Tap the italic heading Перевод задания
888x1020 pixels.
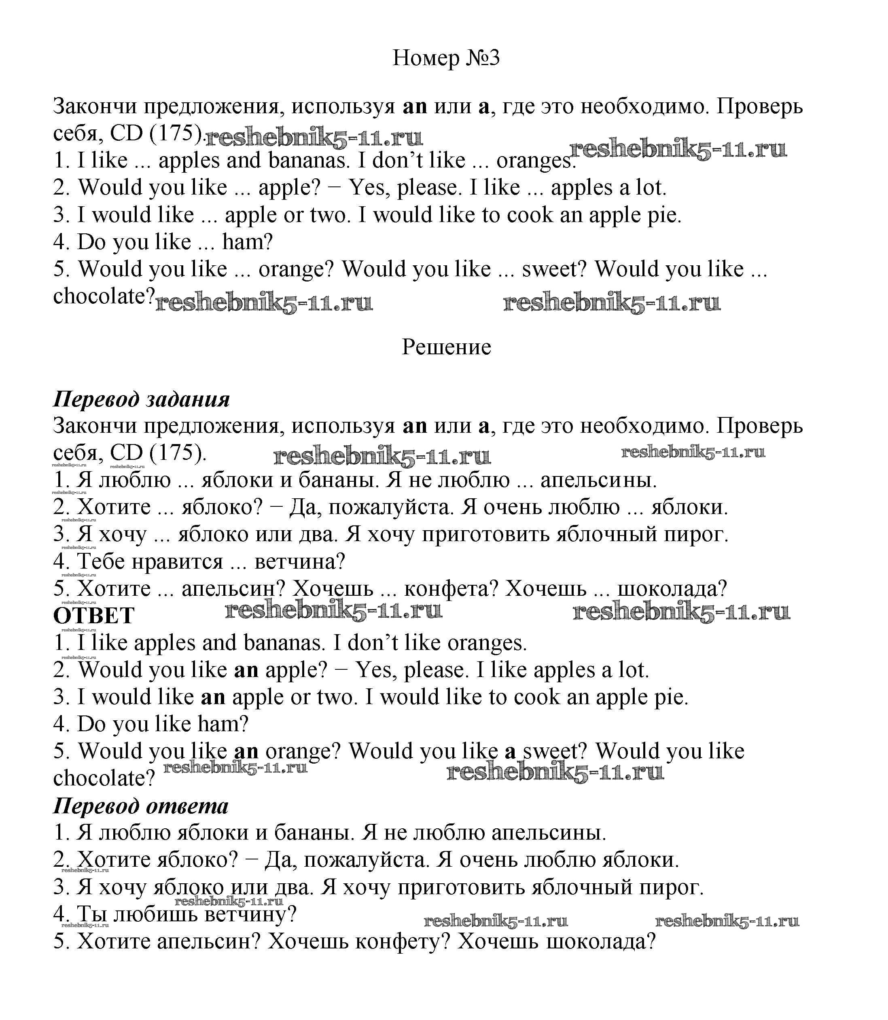pyautogui.click(x=141, y=399)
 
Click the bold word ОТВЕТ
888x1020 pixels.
pyautogui.click(x=94, y=616)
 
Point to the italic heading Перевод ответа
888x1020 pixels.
pyautogui.click(x=141, y=806)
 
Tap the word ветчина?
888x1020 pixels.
pyautogui.click(x=300, y=561)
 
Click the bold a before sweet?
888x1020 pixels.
pyautogui.click(x=511, y=752)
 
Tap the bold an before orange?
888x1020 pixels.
pyautogui.click(x=246, y=752)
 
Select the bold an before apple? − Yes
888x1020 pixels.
pyautogui.click(x=246, y=670)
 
